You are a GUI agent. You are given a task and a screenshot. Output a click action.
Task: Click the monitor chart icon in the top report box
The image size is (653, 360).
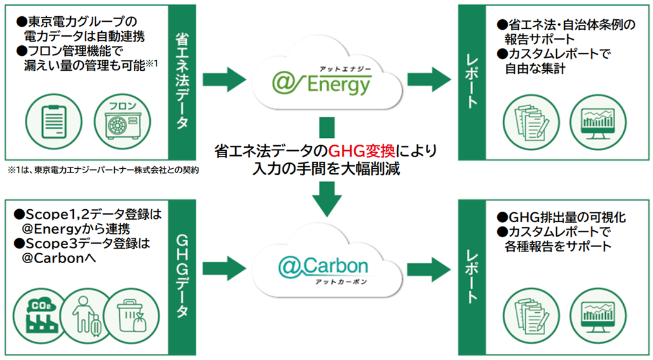(x=593, y=123)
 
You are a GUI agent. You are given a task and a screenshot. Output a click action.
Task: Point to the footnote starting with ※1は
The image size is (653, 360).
(x=103, y=169)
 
